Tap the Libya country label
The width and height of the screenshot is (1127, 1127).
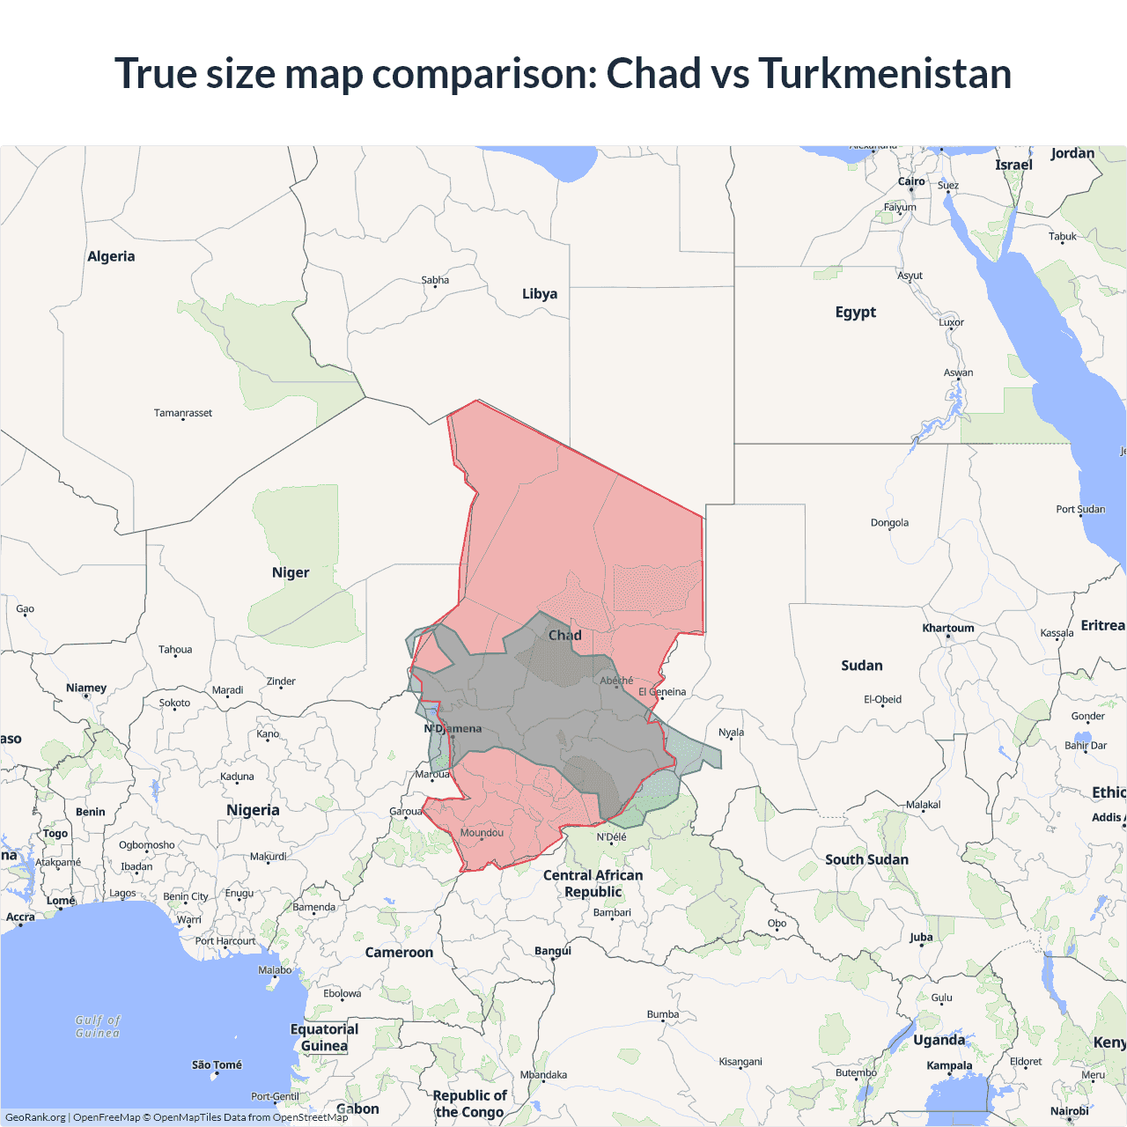point(540,294)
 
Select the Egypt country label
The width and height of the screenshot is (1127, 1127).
point(855,313)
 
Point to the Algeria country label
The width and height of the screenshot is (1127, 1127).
point(111,257)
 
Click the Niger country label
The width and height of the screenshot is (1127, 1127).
point(291,573)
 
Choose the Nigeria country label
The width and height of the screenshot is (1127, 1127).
point(253,810)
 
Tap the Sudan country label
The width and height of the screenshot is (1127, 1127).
point(861,666)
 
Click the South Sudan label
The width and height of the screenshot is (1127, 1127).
point(866,859)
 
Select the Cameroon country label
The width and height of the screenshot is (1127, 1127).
point(399,953)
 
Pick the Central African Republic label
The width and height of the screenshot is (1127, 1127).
point(593,883)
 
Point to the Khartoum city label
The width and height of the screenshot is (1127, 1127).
point(948,629)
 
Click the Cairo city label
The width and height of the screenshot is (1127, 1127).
point(911,181)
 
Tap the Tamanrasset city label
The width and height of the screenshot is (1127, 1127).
point(183,413)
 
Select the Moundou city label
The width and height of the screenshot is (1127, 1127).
point(482,833)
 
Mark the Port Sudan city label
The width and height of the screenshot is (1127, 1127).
point(1080,510)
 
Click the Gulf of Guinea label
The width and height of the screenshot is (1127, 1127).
point(98,1027)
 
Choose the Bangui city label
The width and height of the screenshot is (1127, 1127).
point(553,951)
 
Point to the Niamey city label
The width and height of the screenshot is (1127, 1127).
point(86,689)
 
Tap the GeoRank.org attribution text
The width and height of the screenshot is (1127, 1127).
point(35,1117)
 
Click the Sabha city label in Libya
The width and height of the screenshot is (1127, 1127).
point(435,280)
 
